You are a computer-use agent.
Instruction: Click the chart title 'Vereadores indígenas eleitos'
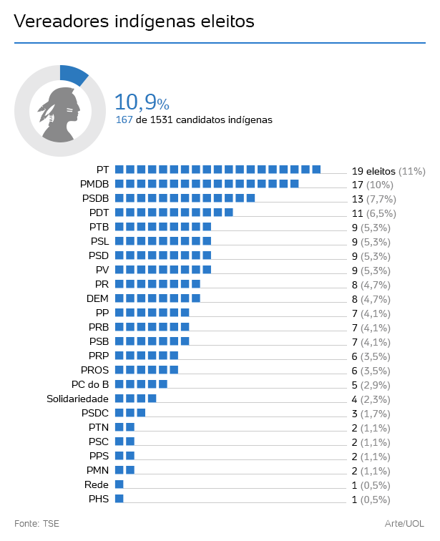(135, 21)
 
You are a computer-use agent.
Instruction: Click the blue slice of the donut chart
(74, 74)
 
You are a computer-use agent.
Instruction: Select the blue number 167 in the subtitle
(124, 120)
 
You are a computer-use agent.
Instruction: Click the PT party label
(102, 170)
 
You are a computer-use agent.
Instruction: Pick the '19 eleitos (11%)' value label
(388, 171)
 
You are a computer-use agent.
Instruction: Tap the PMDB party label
(94, 185)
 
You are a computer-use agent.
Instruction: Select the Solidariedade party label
(77, 399)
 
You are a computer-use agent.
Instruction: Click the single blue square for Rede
(119, 484)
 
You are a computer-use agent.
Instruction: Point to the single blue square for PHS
(119, 499)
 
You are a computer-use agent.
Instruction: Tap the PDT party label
(99, 213)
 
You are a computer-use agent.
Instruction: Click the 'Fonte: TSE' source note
(36, 523)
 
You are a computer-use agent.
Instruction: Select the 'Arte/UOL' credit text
(404, 523)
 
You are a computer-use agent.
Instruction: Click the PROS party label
(95, 370)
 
